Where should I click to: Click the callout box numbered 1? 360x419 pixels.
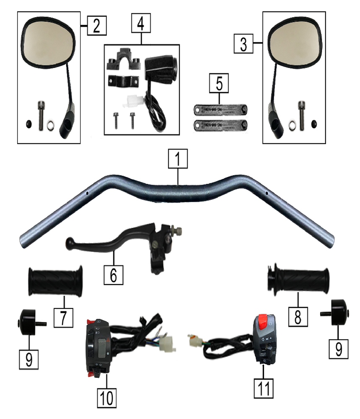[x=178, y=159]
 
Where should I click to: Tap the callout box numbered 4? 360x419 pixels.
[x=141, y=23]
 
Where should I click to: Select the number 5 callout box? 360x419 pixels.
[x=219, y=83]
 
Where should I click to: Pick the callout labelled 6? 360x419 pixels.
[x=114, y=275]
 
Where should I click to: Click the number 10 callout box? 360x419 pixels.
[x=106, y=398]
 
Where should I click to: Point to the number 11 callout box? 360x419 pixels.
[x=264, y=388]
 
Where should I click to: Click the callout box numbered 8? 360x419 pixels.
[x=298, y=317]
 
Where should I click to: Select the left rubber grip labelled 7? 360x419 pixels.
[x=55, y=281]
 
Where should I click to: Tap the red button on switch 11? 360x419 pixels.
[x=263, y=321]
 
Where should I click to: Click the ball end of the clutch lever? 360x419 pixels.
[x=70, y=243]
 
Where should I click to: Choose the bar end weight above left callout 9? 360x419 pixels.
[x=29, y=322]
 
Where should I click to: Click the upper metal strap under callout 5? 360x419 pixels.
[x=220, y=110]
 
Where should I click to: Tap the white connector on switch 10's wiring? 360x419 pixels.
[x=168, y=343]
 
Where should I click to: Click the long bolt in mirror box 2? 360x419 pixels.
[x=41, y=116]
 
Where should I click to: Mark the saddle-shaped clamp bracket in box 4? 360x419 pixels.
[x=124, y=60]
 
